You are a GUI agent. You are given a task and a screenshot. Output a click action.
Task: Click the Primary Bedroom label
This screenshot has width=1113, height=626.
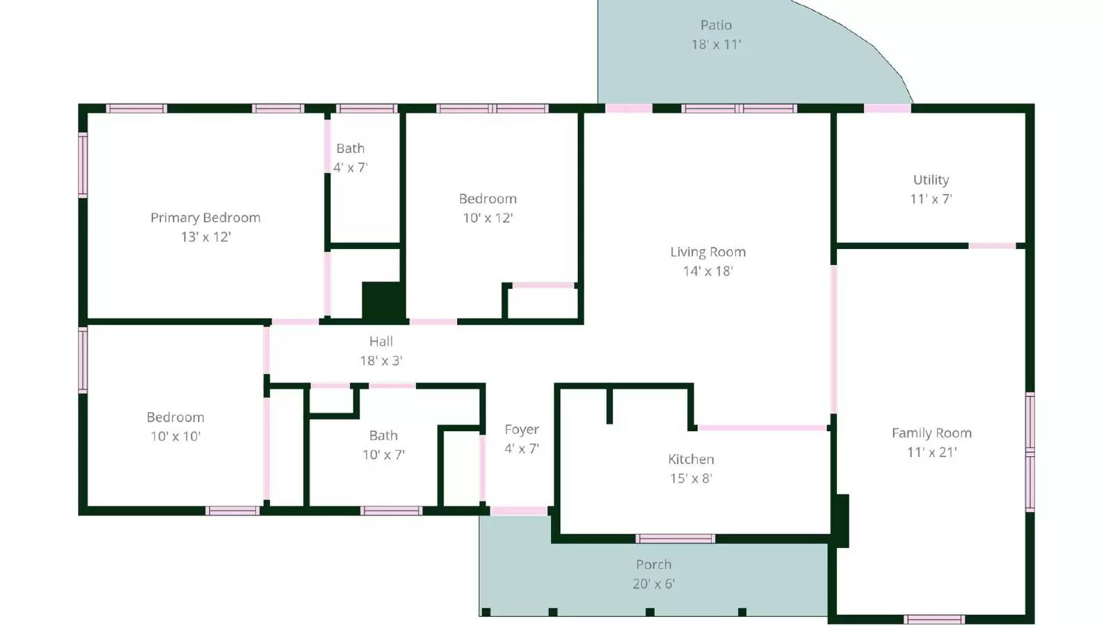(x=205, y=218)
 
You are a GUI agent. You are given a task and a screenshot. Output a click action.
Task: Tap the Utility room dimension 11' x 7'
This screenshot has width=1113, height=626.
(x=931, y=199)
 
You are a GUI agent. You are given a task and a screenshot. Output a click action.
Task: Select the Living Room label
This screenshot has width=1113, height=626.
(x=707, y=252)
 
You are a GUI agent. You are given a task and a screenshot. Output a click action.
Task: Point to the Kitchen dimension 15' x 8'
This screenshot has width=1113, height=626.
(x=691, y=479)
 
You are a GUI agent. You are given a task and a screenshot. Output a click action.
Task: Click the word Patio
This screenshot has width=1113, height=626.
(x=716, y=25)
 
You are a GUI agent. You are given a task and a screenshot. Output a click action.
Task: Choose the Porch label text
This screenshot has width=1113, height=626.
(x=653, y=565)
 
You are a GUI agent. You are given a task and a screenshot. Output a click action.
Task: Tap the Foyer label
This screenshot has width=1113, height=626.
(x=522, y=430)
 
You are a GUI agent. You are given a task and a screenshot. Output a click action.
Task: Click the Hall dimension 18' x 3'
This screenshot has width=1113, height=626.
(x=381, y=361)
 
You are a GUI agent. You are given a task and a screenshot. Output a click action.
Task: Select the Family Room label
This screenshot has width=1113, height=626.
(x=931, y=433)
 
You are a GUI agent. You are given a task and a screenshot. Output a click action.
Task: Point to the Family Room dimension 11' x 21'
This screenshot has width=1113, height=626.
(x=931, y=452)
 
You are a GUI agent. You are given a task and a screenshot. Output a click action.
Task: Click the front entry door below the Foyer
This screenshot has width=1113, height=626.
(x=519, y=511)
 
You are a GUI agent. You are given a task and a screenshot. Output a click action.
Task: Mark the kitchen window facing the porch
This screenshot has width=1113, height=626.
(x=675, y=538)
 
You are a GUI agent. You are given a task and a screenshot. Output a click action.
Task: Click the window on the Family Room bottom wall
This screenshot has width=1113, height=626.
(x=934, y=619)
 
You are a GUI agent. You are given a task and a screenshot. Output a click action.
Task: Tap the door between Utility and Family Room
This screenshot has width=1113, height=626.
(x=992, y=246)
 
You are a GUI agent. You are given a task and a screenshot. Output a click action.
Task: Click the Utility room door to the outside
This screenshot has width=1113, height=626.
(x=887, y=109)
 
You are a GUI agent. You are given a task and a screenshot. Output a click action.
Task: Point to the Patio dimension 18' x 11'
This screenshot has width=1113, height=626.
(x=716, y=45)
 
